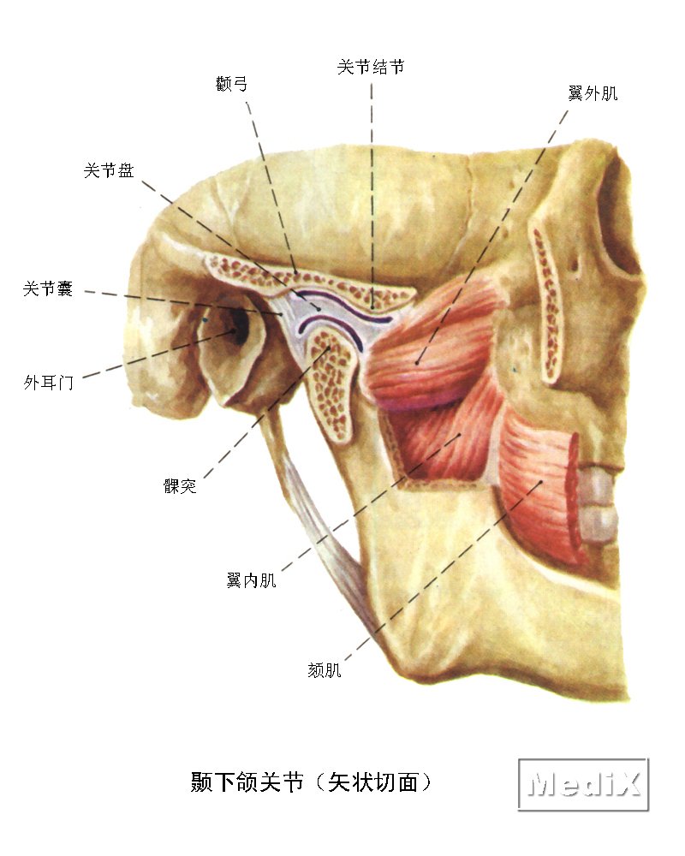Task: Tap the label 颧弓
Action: pos(233,83)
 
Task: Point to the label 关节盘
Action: pos(108,171)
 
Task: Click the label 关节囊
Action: pos(48,289)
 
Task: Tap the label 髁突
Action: pos(180,486)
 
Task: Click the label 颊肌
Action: pos(325,670)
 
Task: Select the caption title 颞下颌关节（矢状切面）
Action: pos(317,782)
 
